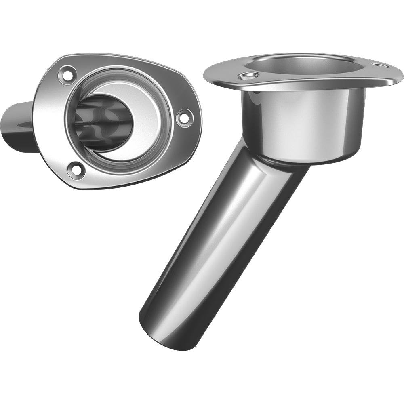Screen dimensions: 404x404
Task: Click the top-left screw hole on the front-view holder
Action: [x=67, y=75]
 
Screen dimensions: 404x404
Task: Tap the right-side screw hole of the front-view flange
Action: [x=184, y=118]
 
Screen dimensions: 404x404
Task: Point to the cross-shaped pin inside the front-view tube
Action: [x=101, y=122]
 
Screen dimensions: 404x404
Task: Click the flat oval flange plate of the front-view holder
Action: [x=48, y=121]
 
